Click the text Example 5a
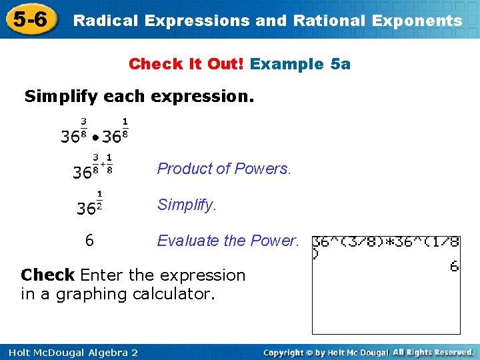(x=301, y=64)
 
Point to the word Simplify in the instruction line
(x=55, y=96)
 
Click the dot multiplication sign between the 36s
(x=97, y=138)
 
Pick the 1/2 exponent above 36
(x=99, y=199)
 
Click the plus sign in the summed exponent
(x=103, y=163)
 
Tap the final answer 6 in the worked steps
(x=89, y=241)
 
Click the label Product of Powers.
(x=224, y=169)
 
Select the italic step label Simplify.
(x=187, y=205)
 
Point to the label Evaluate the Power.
(x=228, y=241)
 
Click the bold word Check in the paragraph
(x=47, y=275)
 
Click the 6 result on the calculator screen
(x=454, y=266)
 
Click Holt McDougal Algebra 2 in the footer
(x=70, y=352)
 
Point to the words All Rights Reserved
(x=433, y=351)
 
